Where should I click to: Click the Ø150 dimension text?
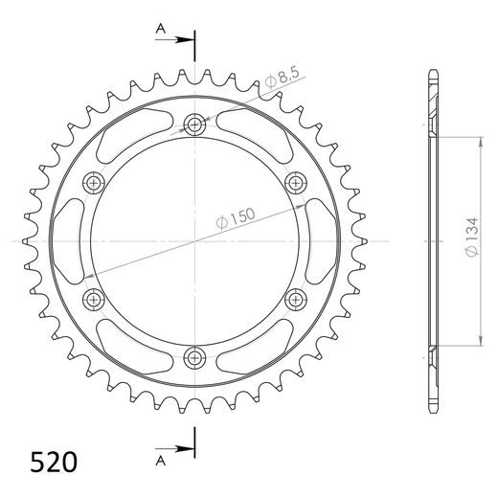tap(236, 218)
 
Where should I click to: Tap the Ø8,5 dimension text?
tap(283, 78)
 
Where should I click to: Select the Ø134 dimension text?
tap(472, 237)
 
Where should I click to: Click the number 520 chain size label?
tap(54, 462)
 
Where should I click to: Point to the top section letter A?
tap(161, 29)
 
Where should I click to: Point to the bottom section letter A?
tap(161, 461)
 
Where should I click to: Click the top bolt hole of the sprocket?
tap(194, 124)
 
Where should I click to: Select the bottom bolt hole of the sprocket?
tap(194, 358)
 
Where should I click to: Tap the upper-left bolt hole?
tap(94, 183)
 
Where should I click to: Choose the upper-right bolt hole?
tap(296, 183)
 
